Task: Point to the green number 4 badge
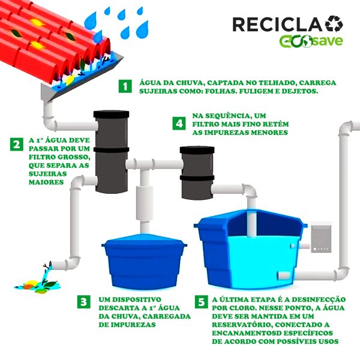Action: point(178,123)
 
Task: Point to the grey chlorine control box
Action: point(323,236)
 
